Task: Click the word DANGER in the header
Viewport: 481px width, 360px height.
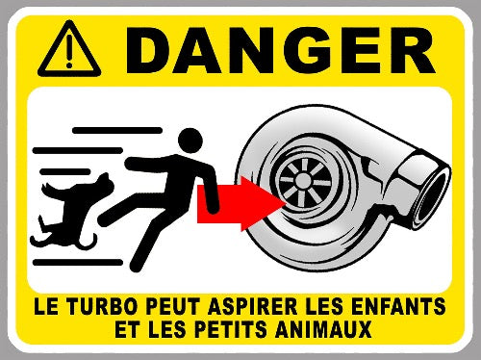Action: click(x=281, y=50)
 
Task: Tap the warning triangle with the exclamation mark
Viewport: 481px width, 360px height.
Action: click(x=69, y=49)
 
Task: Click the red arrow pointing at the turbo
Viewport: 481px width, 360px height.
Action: click(x=241, y=203)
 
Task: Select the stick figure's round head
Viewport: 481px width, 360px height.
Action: click(x=190, y=141)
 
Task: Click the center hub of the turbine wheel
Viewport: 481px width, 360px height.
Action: click(x=303, y=180)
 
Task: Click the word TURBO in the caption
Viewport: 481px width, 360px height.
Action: click(x=101, y=307)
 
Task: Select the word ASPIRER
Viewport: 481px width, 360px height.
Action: click(x=253, y=307)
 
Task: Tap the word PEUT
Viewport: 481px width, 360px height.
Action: click(x=172, y=307)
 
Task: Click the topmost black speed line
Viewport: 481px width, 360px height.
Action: click(x=117, y=130)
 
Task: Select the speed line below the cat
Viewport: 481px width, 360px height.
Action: click(x=78, y=263)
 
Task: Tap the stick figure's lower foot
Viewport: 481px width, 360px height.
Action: click(x=136, y=266)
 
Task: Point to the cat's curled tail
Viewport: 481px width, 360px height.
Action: click(x=86, y=242)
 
